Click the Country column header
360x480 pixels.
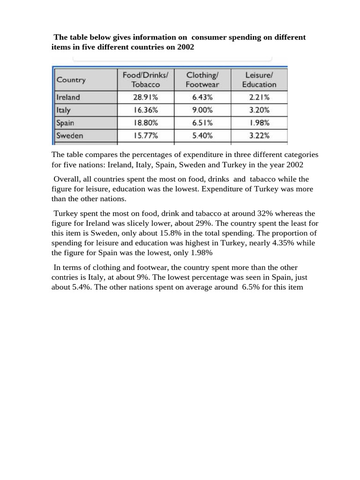(x=71, y=80)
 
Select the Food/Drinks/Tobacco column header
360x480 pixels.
(x=145, y=80)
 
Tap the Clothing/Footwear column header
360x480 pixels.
(x=202, y=80)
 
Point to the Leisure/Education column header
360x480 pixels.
(x=259, y=80)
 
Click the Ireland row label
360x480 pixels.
(x=68, y=97)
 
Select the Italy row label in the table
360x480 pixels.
(x=64, y=110)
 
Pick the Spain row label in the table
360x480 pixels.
(x=65, y=123)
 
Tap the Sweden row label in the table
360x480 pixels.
(x=70, y=135)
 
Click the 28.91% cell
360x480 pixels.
(x=145, y=97)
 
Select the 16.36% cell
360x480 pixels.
(x=145, y=110)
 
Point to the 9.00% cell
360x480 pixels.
(x=202, y=110)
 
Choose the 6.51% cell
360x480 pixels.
(x=202, y=123)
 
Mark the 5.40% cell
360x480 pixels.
(x=202, y=135)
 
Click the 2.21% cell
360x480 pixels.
(x=259, y=97)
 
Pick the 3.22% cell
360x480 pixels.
(x=259, y=135)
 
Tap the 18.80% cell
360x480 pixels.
(x=145, y=123)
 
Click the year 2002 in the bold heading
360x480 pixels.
(x=186, y=47)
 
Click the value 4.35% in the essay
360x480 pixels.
(x=285, y=243)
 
